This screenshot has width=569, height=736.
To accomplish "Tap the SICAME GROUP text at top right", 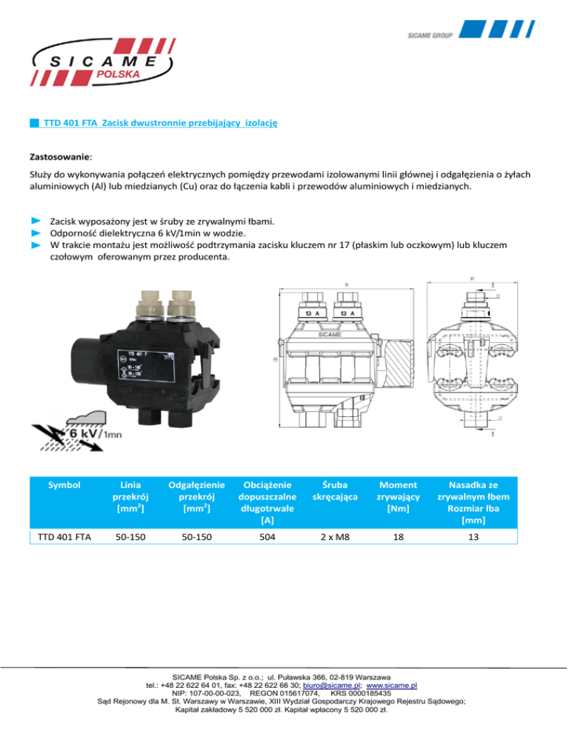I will point(431,35).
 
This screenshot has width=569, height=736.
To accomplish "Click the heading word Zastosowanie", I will point(61,157).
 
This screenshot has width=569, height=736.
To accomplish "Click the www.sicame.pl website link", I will point(392,686).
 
